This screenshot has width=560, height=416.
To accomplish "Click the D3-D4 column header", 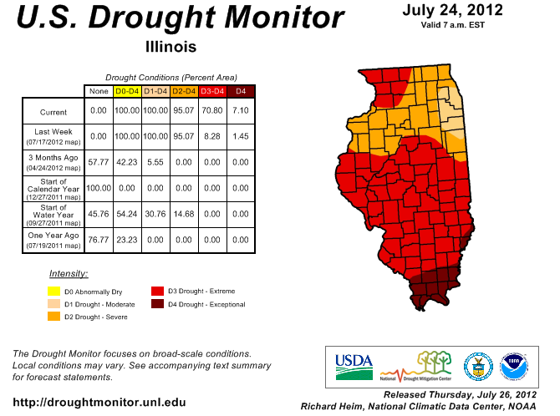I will (212, 90).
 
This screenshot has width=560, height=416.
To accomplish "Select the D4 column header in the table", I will (241, 90).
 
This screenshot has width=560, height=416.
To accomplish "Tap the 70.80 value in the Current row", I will (212, 110).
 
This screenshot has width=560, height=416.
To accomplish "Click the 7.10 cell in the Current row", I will (241, 110).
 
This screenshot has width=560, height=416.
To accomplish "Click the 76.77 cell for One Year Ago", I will (99, 240).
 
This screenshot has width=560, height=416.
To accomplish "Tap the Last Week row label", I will (53, 136).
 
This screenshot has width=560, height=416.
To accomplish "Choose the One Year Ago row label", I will (53, 240).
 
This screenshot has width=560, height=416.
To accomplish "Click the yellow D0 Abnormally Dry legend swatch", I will (53, 292).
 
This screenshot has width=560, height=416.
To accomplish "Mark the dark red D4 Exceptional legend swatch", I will (156, 304).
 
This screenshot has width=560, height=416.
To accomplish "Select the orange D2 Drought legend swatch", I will (53, 317).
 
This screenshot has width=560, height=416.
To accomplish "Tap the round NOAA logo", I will (514, 364).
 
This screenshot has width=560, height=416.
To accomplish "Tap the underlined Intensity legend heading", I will (69, 273).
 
